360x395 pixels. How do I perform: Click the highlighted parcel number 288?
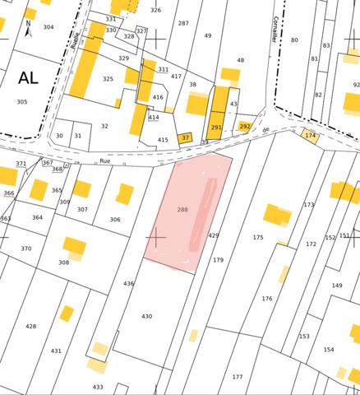point(182,210)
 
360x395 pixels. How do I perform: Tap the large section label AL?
point(27,78)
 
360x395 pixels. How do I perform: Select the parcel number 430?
point(146,316)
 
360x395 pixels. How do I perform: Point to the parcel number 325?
point(108,79)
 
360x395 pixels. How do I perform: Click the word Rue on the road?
point(104,161)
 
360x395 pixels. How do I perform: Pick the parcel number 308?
point(63,263)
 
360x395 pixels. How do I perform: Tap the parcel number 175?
point(258,237)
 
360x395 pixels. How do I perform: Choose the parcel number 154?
point(329,350)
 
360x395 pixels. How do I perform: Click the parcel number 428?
point(30,327)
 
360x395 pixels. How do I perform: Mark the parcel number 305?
point(21,102)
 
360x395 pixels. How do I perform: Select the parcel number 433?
point(97,387)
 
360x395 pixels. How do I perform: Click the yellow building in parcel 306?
point(124,194)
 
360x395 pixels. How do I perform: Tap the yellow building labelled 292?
point(245,127)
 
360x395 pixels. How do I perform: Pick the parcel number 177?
point(237,377)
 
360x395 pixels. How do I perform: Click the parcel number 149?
point(337,286)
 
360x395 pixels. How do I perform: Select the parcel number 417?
point(176,76)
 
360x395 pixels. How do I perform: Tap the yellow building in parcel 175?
point(277,215)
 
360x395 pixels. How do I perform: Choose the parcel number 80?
point(294,39)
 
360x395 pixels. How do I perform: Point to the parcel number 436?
point(128,283)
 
